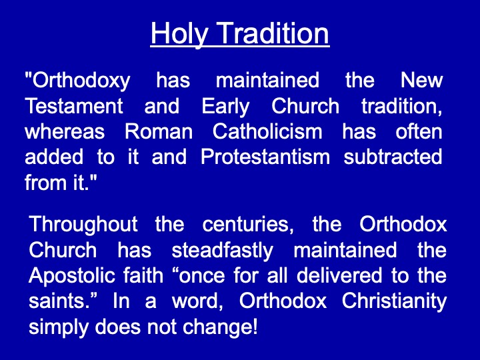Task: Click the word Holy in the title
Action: coord(179,34)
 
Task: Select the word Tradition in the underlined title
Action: coord(274,33)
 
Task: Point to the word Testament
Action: coord(74,106)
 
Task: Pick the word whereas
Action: coord(65,132)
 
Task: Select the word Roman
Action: coord(159,131)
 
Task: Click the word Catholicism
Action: coord(267,131)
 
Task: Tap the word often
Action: coord(419,131)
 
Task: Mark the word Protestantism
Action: coord(265,157)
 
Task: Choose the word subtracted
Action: coord(393,157)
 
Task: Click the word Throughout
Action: coord(83,225)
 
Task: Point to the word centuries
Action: coord(245,225)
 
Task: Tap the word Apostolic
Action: coord(71,276)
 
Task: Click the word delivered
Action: coord(339,275)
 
